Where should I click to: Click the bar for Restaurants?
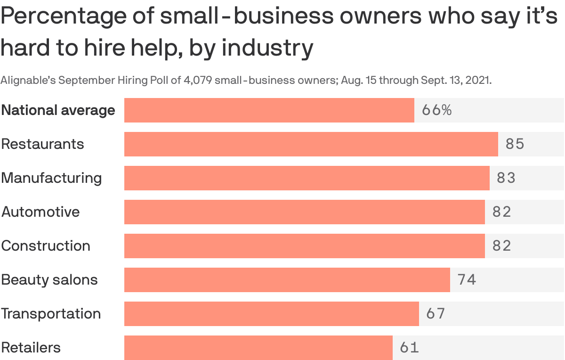[311, 144]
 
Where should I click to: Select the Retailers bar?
[258, 348]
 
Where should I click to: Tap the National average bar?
[269, 110]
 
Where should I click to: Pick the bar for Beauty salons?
[287, 280]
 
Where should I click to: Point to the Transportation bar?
[271, 314]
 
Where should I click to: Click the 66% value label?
[436, 110]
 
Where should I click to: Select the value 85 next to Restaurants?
[515, 144]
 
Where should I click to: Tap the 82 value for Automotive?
[501, 212]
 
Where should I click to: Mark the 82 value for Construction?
[501, 246]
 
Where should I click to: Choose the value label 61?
[409, 348]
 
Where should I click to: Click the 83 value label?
[506, 178]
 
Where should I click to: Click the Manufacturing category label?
[51, 178]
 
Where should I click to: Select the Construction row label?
[46, 246]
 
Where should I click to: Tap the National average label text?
[58, 110]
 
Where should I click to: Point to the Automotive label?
[40, 212]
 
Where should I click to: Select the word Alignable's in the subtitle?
[28, 80]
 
